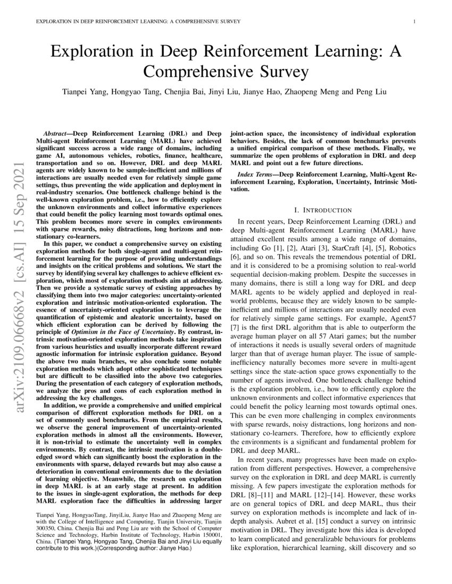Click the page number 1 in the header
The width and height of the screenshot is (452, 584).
[x=413, y=22]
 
